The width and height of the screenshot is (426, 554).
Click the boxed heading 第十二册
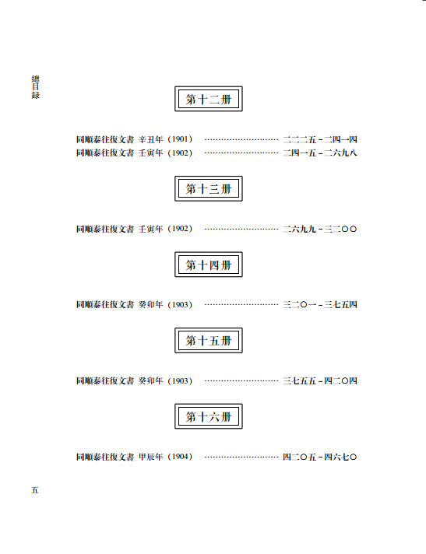point(209,99)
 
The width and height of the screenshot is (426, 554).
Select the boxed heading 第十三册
point(209,188)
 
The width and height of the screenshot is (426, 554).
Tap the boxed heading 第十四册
point(209,265)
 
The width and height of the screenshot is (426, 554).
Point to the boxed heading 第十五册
point(209,340)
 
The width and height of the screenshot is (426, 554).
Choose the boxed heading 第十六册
point(209,416)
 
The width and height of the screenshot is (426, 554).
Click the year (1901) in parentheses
point(180,139)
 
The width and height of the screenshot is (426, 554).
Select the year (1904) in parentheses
point(180,457)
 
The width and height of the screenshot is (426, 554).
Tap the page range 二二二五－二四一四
point(320,139)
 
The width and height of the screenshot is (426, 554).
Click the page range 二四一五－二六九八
point(320,153)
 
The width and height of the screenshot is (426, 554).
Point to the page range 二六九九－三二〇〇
point(320,229)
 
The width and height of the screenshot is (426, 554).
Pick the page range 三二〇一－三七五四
point(320,304)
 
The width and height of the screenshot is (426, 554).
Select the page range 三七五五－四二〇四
point(320,381)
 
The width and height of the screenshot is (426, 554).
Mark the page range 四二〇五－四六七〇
point(320,457)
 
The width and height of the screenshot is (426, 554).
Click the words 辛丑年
point(150,139)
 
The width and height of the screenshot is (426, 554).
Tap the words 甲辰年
point(150,457)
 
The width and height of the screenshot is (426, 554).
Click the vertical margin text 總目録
point(35,87)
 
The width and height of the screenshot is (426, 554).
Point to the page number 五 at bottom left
point(34,490)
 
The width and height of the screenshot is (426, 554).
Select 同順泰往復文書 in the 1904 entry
point(105,457)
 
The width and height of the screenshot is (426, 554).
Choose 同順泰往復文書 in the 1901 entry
point(105,139)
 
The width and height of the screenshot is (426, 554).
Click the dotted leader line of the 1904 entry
point(241,458)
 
